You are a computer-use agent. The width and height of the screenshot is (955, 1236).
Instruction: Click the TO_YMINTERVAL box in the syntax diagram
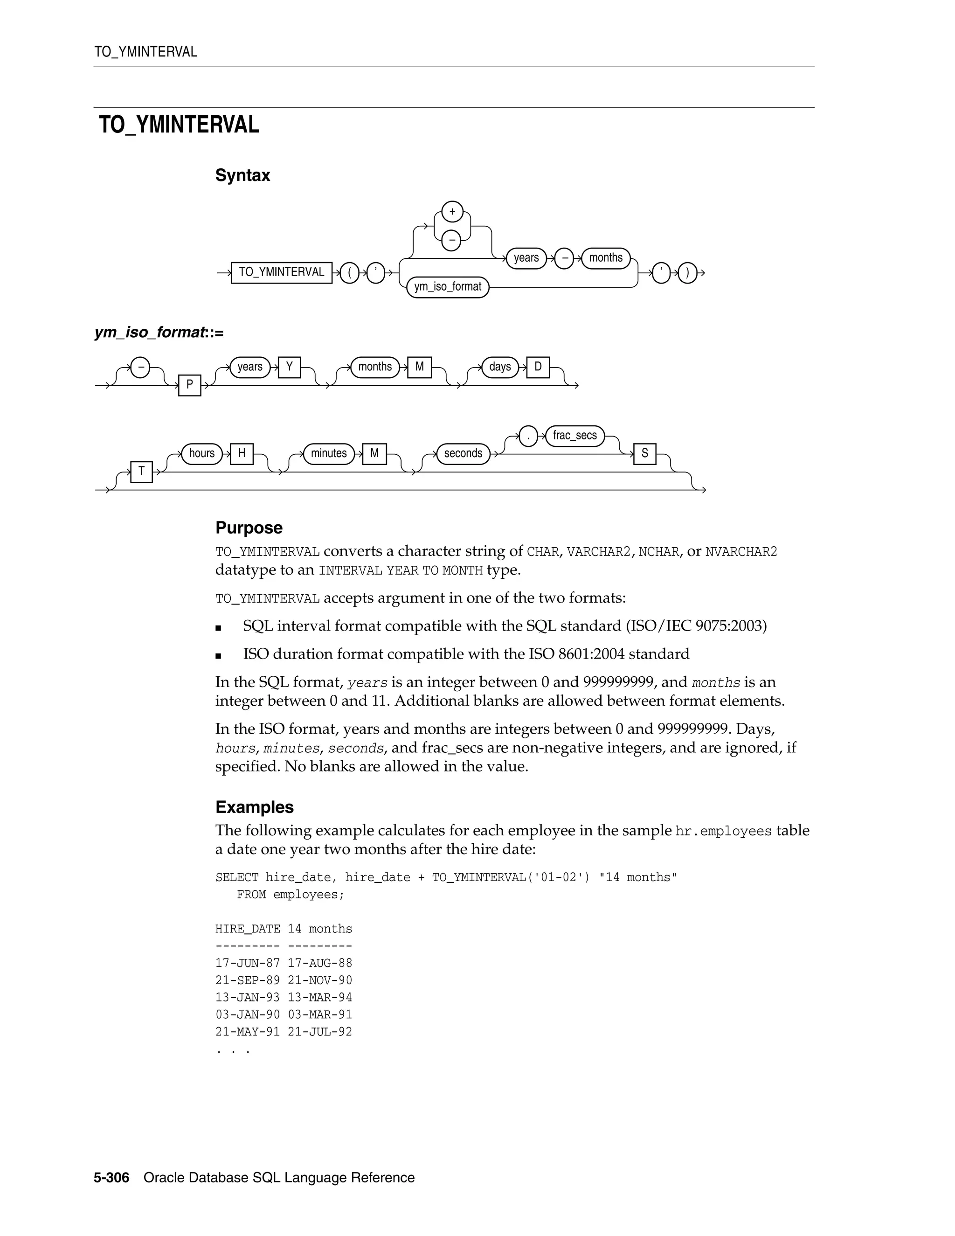coord(281,272)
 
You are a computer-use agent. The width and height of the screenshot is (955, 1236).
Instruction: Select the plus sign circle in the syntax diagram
coord(452,212)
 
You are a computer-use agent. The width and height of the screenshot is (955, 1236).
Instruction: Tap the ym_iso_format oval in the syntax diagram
coord(448,287)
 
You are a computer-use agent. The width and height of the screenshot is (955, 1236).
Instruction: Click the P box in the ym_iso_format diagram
coord(189,385)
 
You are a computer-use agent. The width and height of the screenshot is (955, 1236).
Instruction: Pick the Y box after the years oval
coord(289,367)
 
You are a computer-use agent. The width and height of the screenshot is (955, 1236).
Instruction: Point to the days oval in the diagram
coord(499,367)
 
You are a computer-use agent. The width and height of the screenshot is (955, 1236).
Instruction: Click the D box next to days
coord(538,367)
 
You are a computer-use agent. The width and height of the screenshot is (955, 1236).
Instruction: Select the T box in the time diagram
coord(141,472)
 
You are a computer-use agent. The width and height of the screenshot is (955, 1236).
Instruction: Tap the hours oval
coord(201,453)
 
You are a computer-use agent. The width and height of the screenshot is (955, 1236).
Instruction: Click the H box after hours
coord(242,453)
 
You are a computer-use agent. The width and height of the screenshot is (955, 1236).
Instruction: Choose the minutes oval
coord(329,453)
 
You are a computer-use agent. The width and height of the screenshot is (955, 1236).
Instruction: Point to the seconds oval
coord(463,453)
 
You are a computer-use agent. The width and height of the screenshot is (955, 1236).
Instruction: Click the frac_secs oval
coord(575,435)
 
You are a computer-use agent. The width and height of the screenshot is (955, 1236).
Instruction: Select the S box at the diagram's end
coord(644,453)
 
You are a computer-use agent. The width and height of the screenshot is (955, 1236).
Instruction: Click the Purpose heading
coord(249,528)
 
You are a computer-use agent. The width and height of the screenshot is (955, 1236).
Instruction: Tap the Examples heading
coord(255,807)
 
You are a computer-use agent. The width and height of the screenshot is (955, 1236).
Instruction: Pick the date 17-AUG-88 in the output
coord(319,963)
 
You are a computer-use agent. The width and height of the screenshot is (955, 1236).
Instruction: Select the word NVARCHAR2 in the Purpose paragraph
coord(741,552)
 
